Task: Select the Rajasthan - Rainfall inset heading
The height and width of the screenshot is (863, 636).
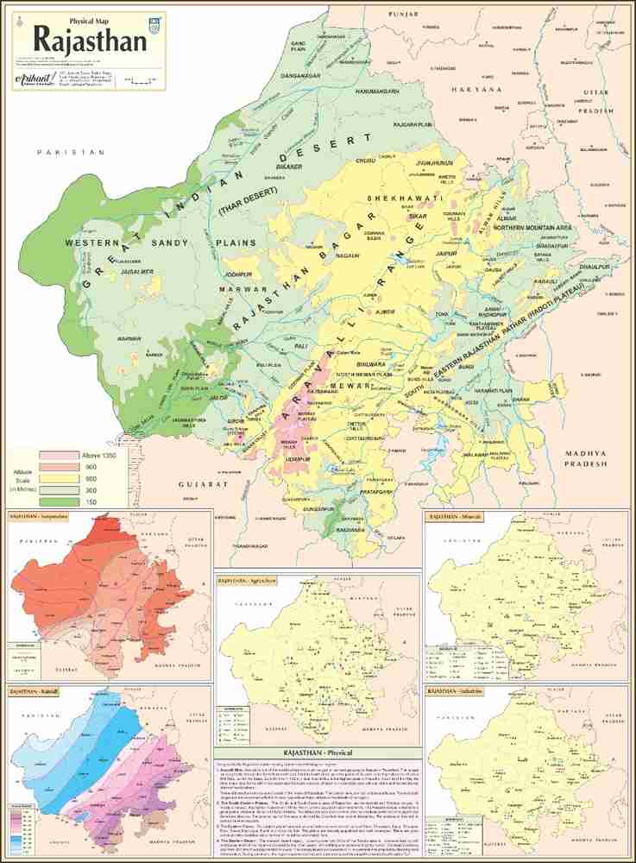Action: point(35,691)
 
